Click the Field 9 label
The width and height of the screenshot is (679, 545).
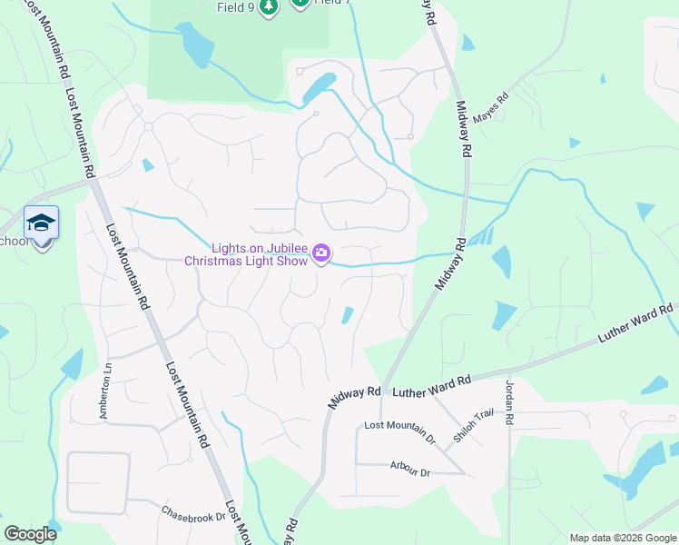[x=236, y=7]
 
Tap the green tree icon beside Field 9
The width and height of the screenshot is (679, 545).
[x=268, y=8]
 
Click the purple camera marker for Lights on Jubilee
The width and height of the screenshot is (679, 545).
[x=321, y=253]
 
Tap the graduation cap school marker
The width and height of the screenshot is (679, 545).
[x=41, y=223]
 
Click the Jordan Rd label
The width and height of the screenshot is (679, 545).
[x=509, y=401]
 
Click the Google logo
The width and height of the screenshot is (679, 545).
[x=30, y=534]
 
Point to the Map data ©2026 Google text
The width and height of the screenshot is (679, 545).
[x=622, y=538]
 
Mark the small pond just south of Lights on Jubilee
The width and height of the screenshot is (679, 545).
[x=348, y=315]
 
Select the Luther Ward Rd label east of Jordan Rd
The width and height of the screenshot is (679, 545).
[x=635, y=324]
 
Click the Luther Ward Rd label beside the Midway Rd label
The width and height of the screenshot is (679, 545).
[x=432, y=385]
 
